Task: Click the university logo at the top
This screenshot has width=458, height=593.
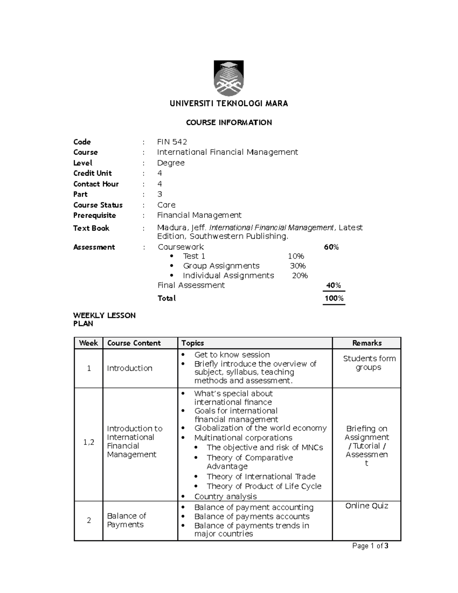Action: pos(229,78)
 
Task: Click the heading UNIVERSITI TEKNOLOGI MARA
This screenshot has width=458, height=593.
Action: pos(229,103)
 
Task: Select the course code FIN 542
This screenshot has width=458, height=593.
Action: pos(172,142)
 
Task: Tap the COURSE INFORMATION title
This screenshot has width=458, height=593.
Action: pos(229,123)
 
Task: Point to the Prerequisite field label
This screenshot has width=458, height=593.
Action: pos(94,215)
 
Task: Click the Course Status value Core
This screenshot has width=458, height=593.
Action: pos(166,205)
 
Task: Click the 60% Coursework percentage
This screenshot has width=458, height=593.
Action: pos(331,247)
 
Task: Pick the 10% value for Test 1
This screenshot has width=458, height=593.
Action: pos(296,256)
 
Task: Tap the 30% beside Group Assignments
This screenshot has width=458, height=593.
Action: pos(297,266)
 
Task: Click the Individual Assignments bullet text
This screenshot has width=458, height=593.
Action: pos(228,276)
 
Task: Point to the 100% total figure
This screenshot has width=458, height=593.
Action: pos(334,298)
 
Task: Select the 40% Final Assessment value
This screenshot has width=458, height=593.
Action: pos(333,285)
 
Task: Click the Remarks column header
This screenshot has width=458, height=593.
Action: pos(366,343)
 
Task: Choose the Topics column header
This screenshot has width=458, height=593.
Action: pos(192,343)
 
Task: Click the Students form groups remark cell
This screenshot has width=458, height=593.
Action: pos(369,363)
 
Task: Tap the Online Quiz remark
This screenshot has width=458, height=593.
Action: pos(366,506)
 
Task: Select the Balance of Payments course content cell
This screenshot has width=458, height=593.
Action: pos(126,520)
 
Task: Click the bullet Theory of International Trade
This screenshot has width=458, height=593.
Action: pos(261,477)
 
